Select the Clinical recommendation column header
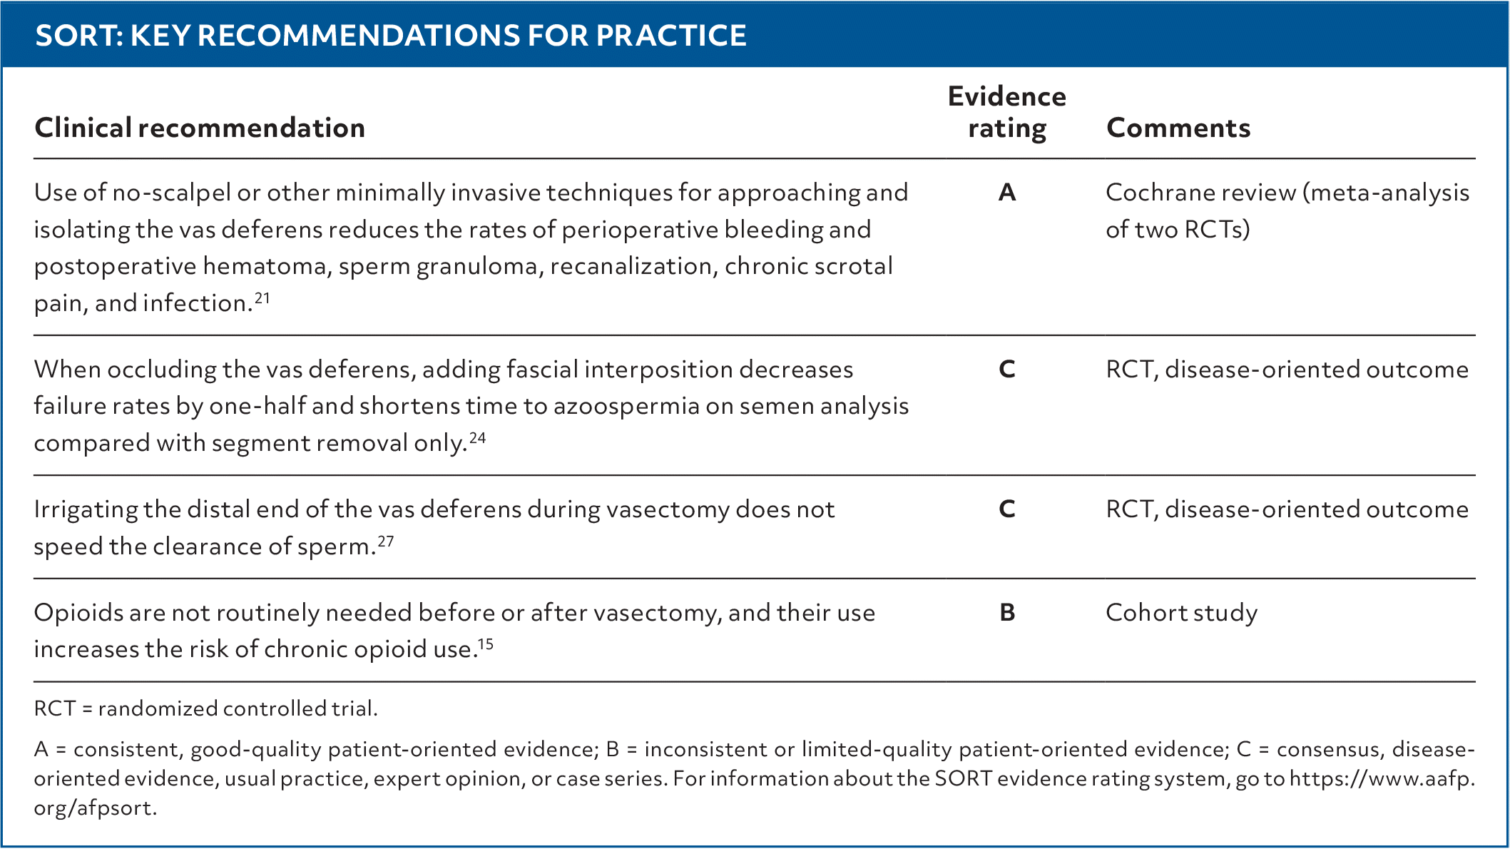(200, 128)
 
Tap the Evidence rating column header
(1006, 112)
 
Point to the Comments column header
(1178, 128)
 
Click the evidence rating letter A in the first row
(1007, 192)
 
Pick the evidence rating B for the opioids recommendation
(1007, 612)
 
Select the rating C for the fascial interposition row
(1007, 369)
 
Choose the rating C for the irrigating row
(1007, 509)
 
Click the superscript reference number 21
(262, 297)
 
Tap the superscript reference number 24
(477, 437)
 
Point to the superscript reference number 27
(385, 541)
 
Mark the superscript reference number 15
(485, 644)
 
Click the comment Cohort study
(1181, 613)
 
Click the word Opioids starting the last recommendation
(78, 613)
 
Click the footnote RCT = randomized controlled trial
(205, 708)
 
